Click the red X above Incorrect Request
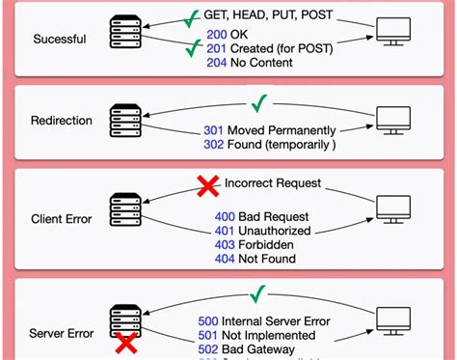click(x=206, y=185)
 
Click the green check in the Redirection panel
click(x=257, y=101)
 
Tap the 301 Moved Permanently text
click(x=270, y=130)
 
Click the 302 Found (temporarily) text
click(x=269, y=145)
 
